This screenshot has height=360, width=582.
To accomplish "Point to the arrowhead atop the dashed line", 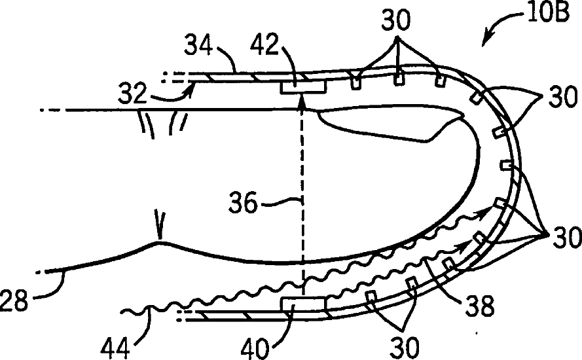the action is point(302,99).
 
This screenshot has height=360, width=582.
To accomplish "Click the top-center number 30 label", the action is point(397,20).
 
